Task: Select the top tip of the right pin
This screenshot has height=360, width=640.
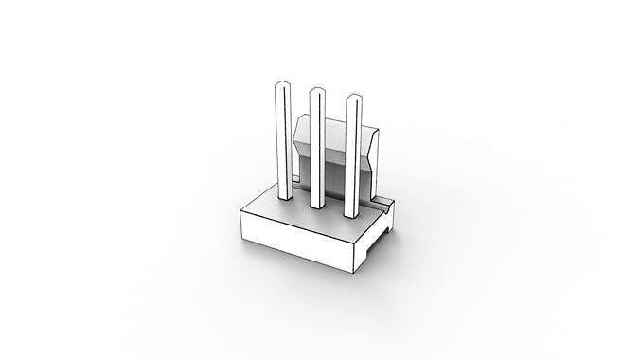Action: point(353,99)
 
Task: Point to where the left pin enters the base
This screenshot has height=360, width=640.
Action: point(282,199)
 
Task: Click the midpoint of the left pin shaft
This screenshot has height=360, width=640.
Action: point(280,142)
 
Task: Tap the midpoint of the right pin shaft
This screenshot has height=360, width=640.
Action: point(353,156)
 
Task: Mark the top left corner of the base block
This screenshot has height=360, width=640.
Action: point(242,209)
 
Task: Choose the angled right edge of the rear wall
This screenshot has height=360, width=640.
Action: point(377,152)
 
